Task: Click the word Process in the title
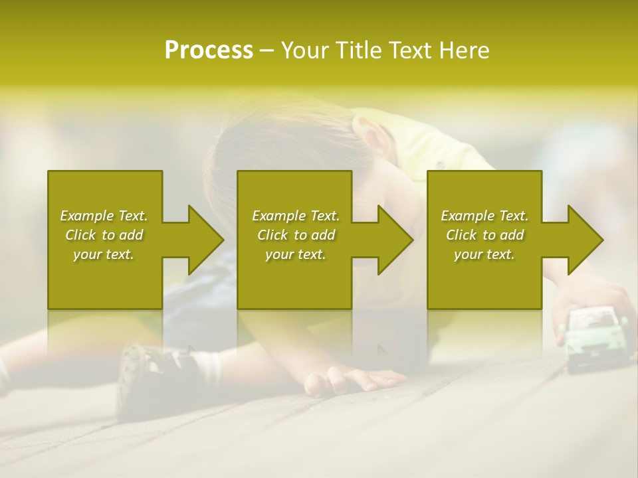[x=209, y=50]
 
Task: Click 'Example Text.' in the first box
[x=104, y=216]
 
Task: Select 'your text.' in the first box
[x=104, y=254]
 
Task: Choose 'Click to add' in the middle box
[x=296, y=235]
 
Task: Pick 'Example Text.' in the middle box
[x=296, y=216]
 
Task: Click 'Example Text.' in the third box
[x=484, y=216]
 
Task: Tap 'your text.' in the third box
[x=484, y=254]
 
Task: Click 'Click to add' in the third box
[x=484, y=235]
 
